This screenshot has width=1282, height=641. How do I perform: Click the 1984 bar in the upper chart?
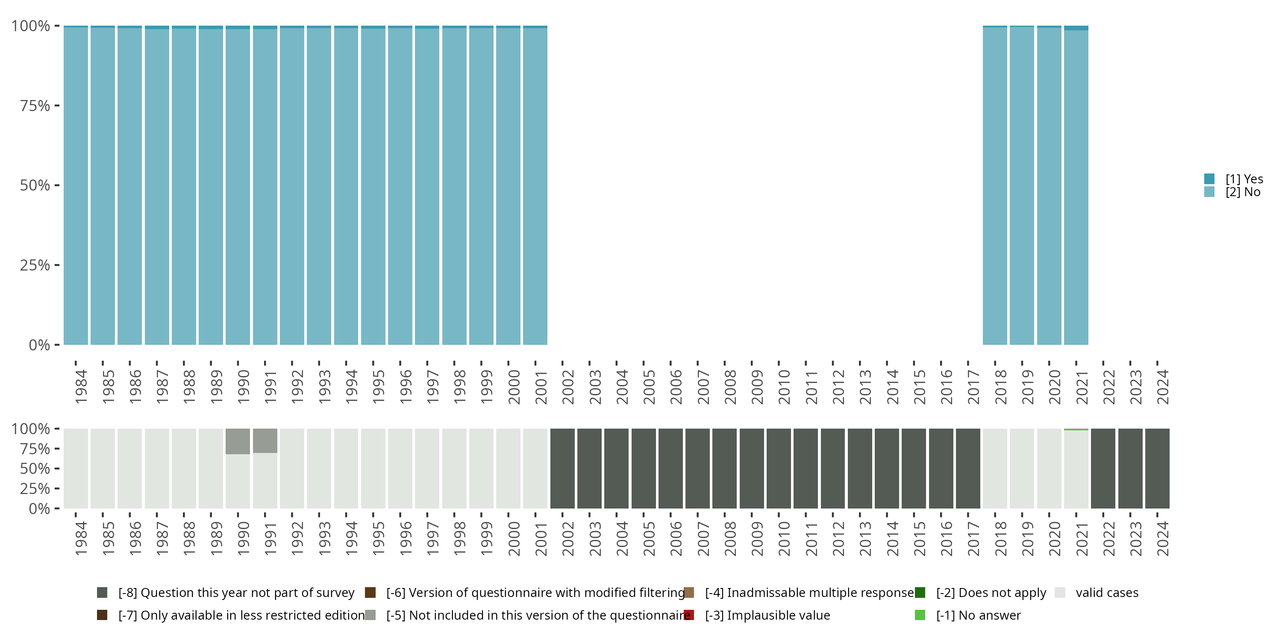76,185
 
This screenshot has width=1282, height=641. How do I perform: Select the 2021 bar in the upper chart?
1076,185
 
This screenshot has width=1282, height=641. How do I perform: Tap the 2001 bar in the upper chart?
535,185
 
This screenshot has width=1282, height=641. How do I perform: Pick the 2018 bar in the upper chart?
995,185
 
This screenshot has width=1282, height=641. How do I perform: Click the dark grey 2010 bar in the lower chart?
778,468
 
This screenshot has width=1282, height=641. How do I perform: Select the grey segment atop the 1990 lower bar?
238,441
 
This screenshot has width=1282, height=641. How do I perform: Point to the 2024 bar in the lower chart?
1157,468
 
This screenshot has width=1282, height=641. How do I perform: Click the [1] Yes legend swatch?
1209,179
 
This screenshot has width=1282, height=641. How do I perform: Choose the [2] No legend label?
1243,192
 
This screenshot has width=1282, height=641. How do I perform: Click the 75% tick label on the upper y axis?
35,106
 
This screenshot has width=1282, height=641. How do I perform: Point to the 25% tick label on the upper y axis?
35,265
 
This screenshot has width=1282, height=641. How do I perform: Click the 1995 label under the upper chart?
378,387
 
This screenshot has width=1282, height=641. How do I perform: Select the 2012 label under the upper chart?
838,387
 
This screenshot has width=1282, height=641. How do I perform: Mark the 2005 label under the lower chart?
649,539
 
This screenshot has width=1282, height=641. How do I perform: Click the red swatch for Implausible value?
689,615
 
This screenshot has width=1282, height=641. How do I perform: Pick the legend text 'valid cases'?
1107,593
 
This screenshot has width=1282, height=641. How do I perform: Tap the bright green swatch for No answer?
920,615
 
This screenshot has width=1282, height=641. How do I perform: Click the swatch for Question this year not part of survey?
102,593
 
